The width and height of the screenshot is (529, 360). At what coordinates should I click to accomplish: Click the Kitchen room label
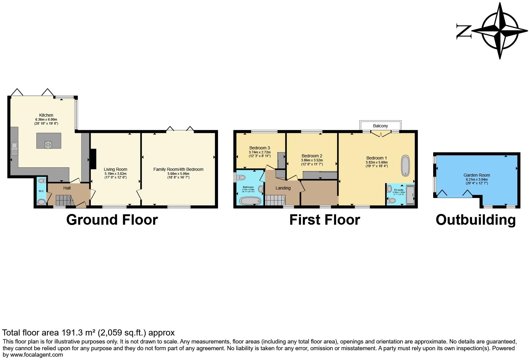[x=46, y=115]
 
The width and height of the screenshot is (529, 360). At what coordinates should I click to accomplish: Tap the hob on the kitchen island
[x=48, y=144]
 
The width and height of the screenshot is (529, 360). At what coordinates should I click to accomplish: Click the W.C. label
[x=41, y=191]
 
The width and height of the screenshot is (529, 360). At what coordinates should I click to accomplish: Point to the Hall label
[x=67, y=188]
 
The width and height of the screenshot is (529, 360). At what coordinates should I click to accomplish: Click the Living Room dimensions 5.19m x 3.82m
[x=115, y=174]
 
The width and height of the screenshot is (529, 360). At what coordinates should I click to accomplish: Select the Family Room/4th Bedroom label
[x=178, y=169]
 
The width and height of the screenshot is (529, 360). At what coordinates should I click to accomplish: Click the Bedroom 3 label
[x=260, y=148]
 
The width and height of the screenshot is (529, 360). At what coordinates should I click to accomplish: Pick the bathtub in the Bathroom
[x=250, y=201]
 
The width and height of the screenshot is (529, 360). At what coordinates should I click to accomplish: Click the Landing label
[x=283, y=188]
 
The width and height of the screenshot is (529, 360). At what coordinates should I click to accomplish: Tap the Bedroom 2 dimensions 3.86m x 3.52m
[x=312, y=160]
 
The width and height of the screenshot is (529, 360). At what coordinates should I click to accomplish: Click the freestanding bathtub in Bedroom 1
[x=405, y=166]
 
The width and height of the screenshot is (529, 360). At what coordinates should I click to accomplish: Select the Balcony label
[x=381, y=126]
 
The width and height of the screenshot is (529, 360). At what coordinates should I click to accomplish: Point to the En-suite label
[x=399, y=190]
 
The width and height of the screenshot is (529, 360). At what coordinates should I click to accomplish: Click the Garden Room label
[x=476, y=175]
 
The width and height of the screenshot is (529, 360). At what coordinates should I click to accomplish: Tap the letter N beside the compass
[x=463, y=31]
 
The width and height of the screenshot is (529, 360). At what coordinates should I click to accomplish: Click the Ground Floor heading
[x=112, y=220]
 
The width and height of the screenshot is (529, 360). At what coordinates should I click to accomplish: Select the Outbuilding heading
[x=475, y=220]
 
